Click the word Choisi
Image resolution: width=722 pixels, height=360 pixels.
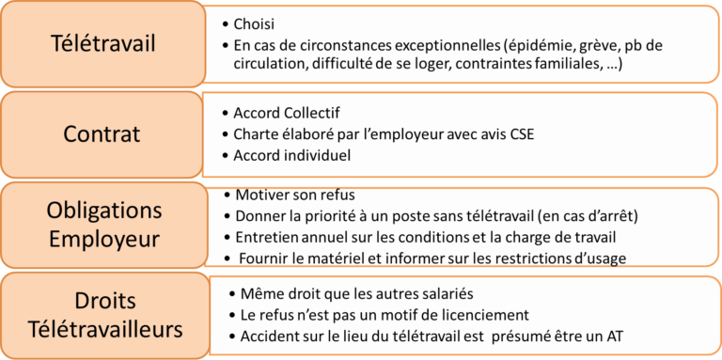253,23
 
